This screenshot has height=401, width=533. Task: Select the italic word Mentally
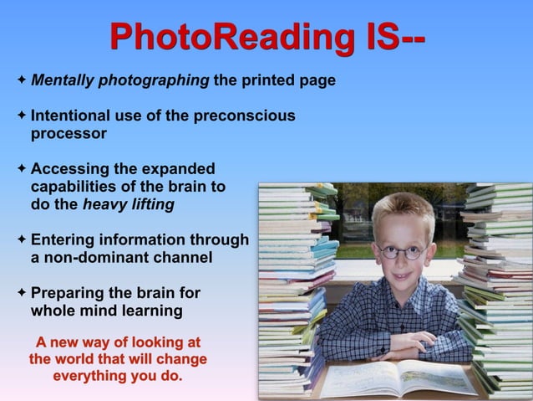point(63,81)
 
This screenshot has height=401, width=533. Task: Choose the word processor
point(69,133)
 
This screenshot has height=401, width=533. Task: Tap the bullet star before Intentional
point(21,116)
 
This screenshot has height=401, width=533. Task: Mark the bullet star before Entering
point(21,240)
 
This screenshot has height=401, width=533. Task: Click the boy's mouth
point(404,280)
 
